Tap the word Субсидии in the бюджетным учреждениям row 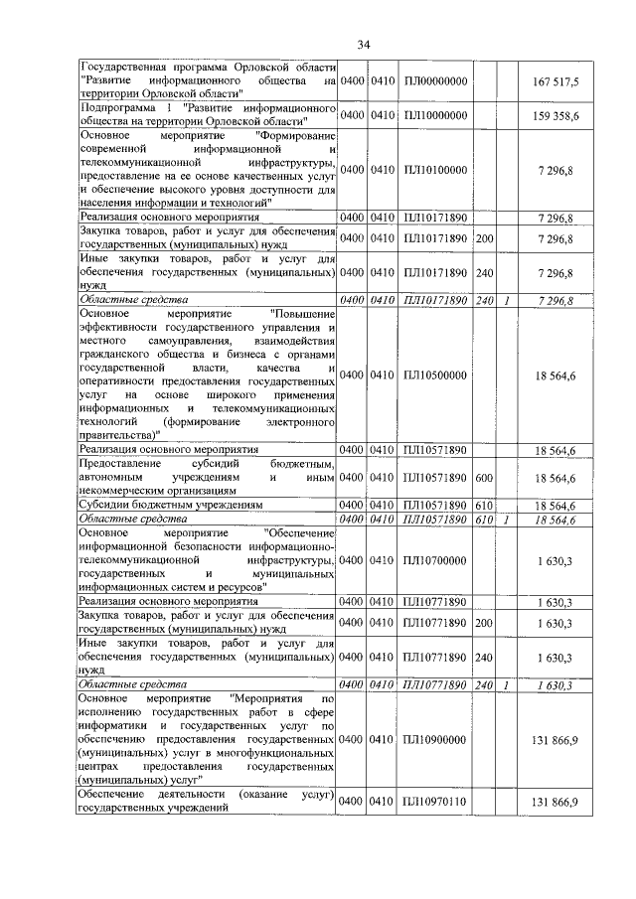(x=104, y=505)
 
